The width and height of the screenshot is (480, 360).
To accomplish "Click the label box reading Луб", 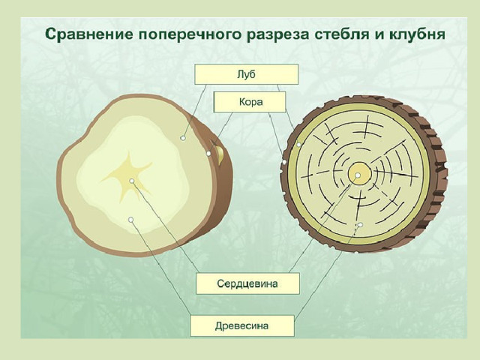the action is point(247,74).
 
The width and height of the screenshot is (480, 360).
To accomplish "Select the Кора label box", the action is point(250,102).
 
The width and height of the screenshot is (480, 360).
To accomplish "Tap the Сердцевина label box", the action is point(247,283).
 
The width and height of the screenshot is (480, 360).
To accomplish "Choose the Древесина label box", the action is point(241,325).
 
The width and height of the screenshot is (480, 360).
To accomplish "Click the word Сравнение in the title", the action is point(89,34).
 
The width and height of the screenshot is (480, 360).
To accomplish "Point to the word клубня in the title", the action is point(418,34).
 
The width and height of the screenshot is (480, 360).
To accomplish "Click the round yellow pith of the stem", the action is point(360,173).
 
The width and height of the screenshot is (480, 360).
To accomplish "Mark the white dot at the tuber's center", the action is point(132,181).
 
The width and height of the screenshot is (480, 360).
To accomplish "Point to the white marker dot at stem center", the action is point(358,175).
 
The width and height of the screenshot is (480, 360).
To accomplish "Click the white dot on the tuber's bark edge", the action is point(208,153).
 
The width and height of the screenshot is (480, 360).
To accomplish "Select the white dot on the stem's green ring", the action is point(299,145).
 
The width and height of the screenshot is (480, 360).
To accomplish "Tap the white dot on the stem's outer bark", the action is point(284,162).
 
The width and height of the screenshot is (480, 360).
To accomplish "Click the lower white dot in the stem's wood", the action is point(360,225).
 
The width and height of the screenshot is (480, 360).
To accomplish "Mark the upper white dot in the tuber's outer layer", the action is point(183,138).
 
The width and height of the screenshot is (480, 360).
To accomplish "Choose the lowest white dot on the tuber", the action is point(131,220).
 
